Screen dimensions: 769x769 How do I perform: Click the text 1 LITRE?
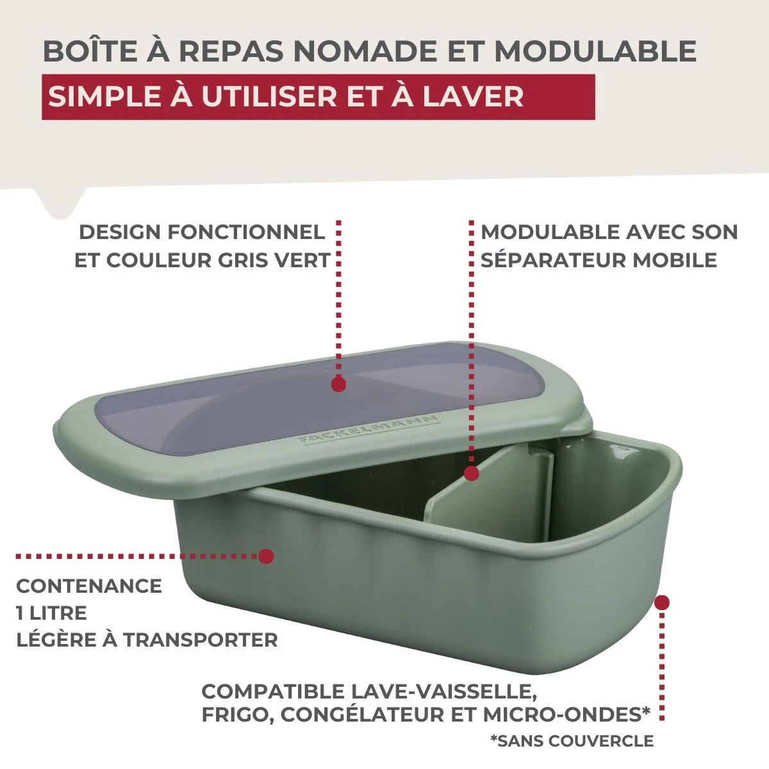[51, 613]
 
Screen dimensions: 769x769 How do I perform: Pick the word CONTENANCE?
[89, 586]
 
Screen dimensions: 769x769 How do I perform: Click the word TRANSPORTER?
[201, 640]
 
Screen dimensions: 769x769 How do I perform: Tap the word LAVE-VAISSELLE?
[443, 691]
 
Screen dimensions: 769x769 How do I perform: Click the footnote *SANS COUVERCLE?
[572, 741]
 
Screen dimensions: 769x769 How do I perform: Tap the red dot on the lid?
[339, 384]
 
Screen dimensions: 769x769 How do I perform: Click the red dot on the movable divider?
[471, 474]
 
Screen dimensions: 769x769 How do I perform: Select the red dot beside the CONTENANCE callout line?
[266, 556]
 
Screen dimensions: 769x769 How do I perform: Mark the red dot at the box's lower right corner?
[662, 602]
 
